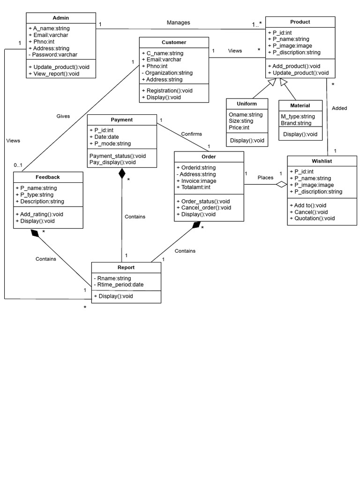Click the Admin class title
(60, 18)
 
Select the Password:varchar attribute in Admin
(52, 55)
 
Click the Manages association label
(178, 22)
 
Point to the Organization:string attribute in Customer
(166, 73)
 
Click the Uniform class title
(247, 104)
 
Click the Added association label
(339, 108)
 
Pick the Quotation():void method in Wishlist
(312, 218)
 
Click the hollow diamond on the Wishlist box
(281, 184)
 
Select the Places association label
(265, 178)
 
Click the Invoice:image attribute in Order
(196, 181)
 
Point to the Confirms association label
(191, 134)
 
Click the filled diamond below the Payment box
(122, 173)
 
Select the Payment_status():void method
(117, 156)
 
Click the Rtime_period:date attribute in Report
(119, 285)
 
